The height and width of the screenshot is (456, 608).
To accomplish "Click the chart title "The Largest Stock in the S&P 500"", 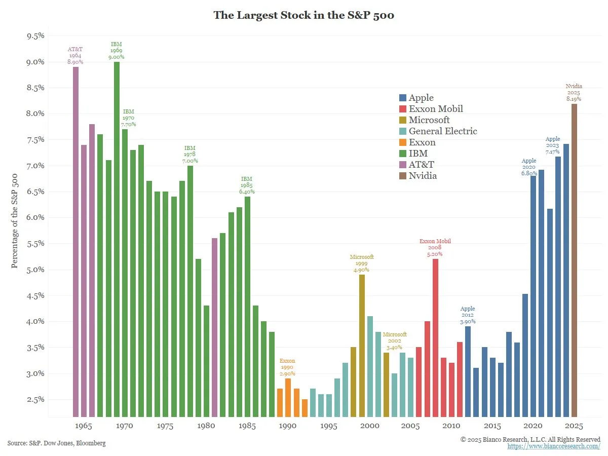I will pos(303,15).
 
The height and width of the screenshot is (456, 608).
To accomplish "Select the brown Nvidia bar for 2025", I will pos(574,258).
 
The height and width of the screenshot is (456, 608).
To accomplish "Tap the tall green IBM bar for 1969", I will pos(117,238).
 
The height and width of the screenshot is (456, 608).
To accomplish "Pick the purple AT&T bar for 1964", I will pos(75,241).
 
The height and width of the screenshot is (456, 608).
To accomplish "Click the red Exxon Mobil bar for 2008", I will pos(435,337).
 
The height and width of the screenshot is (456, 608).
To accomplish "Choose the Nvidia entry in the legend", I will pos(423,176).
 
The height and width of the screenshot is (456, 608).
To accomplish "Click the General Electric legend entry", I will pos(443,131).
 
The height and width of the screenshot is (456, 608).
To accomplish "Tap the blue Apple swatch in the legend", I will pos(403,98).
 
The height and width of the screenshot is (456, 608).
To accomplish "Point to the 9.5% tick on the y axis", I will pos(35,36).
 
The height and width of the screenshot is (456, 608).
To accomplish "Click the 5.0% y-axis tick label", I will pos(35,270).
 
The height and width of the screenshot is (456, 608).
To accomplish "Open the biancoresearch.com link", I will pos(554,446).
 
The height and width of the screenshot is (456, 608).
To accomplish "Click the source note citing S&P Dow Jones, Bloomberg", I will pos(57,443).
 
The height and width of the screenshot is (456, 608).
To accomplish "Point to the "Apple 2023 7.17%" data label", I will pos(553,145).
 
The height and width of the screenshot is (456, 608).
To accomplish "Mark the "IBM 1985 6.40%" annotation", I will pos(247,185).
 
